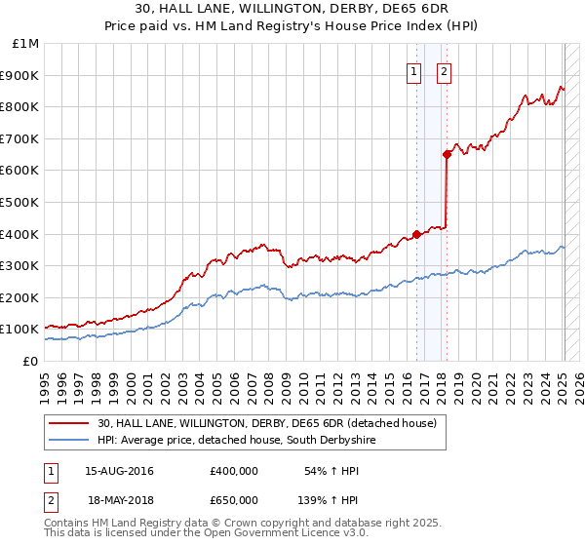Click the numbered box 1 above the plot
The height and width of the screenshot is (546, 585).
point(413,71)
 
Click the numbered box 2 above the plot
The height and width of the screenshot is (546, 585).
point(444,71)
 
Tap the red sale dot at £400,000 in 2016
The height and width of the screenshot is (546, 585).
point(416,234)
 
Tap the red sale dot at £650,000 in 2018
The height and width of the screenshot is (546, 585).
point(447,154)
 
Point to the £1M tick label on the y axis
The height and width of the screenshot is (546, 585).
point(26,44)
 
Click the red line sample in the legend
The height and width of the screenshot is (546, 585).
point(68,422)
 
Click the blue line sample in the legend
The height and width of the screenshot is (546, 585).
point(68,440)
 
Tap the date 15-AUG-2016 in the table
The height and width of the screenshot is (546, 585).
point(119,471)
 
